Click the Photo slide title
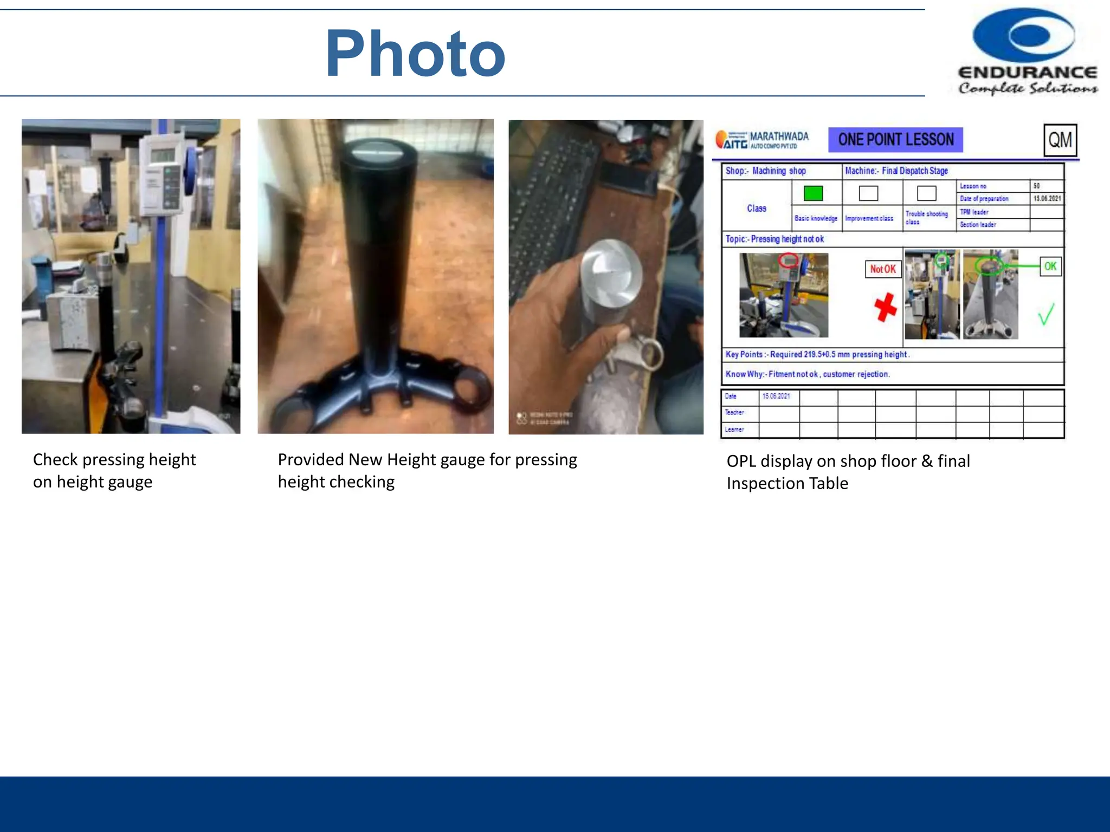click(x=415, y=54)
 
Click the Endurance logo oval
click(x=1024, y=35)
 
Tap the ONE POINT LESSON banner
click(x=895, y=140)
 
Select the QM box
click(x=1060, y=140)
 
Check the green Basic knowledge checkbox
click(x=813, y=193)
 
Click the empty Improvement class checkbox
click(x=868, y=193)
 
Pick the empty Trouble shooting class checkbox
click(x=926, y=193)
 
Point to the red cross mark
click(x=885, y=308)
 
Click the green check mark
click(x=1046, y=314)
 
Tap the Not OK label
click(x=882, y=269)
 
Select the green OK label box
click(x=1050, y=266)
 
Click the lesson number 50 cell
click(x=1046, y=186)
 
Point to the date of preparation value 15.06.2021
click(x=1047, y=199)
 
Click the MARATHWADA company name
click(x=778, y=136)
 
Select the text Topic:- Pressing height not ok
click(x=775, y=239)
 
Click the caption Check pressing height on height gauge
click(x=114, y=470)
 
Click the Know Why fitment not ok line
click(x=808, y=374)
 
